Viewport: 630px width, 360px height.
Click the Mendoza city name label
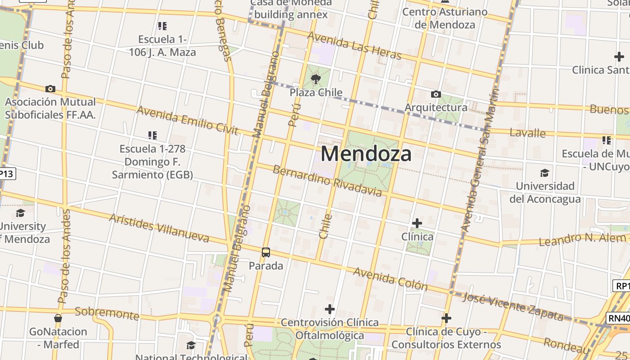pos(366,154)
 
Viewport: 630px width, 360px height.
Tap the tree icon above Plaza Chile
pos(316,80)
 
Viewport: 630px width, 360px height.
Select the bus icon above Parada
pos(266,252)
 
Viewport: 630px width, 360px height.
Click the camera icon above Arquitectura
pos(436,94)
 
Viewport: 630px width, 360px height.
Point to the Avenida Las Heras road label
pos(354,45)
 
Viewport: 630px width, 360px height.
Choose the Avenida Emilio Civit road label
pos(187,120)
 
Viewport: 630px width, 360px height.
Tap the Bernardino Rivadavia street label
pos(327,181)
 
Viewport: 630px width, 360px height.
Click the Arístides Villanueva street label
pos(159,228)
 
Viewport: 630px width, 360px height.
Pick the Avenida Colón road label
pos(390,279)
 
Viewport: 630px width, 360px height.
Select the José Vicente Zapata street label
pos(513,307)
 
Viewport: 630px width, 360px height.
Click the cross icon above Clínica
pos(417,223)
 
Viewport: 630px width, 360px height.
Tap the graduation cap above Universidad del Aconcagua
pos(544,173)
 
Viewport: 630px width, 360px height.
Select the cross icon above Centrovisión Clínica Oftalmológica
pos(330,309)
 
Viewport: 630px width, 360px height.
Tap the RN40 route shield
pos(618,318)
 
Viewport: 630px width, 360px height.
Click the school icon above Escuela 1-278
pos(152,135)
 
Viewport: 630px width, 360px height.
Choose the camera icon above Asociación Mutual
pos(50,89)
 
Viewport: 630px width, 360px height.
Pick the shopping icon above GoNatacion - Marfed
pos(58,319)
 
